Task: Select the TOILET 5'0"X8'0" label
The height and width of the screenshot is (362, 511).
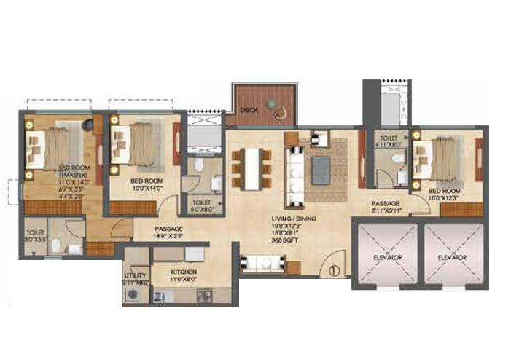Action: [x=200, y=207]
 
